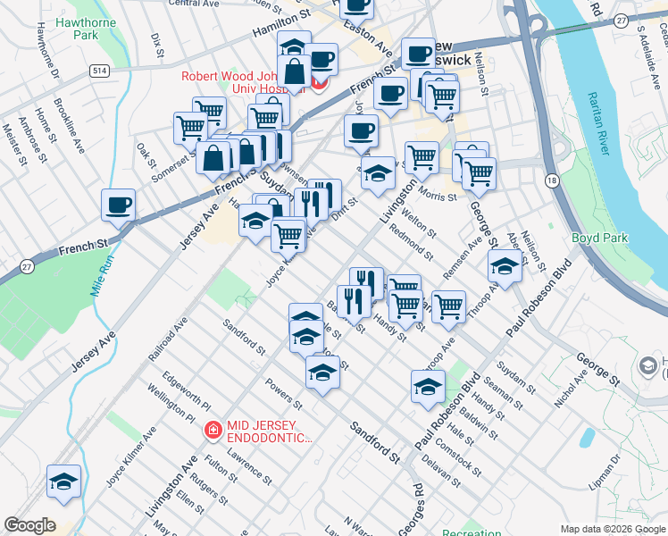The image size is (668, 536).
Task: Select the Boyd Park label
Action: pos(600,239)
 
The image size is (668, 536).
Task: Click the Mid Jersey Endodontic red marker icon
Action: pos(213,431)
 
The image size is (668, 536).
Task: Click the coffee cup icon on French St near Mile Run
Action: pos(118,206)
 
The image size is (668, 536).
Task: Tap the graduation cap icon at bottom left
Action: pos(63,482)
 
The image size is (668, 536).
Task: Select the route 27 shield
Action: pos(28,266)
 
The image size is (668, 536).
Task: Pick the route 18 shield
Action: pos(553,181)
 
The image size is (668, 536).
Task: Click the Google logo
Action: pos(30,525)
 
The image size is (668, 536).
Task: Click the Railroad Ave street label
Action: pos(167,337)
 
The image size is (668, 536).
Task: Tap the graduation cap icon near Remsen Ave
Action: pos(505,266)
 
